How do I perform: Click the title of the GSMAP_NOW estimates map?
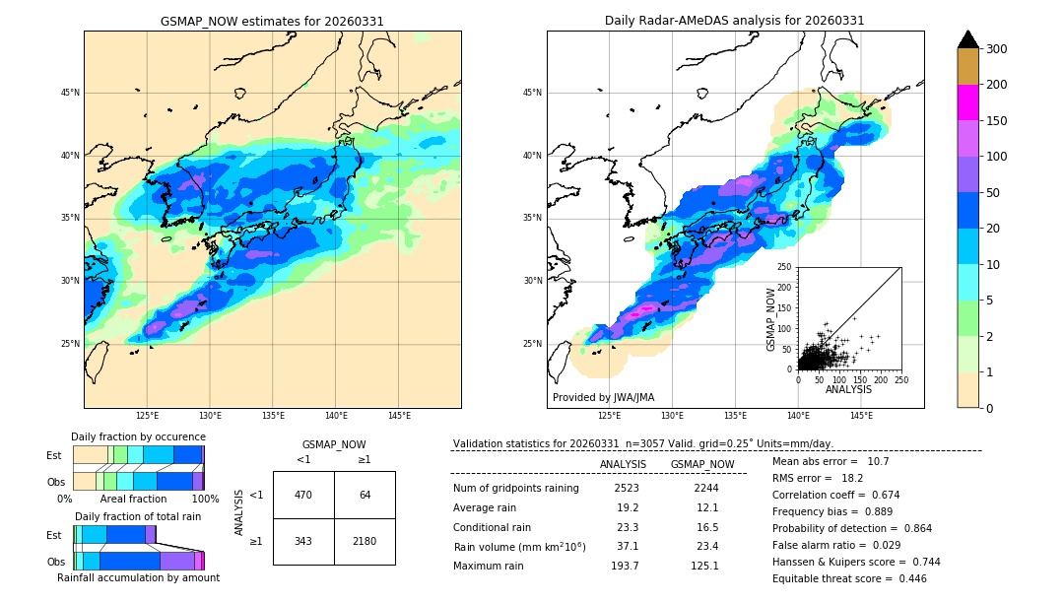(x=272, y=21)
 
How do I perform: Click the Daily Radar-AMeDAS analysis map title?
(x=735, y=21)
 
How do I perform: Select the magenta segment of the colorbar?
(x=968, y=102)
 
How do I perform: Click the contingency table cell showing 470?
(x=303, y=495)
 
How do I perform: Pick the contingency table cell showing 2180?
(x=365, y=541)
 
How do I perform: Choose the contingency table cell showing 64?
(x=365, y=495)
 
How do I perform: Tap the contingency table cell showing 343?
(x=303, y=541)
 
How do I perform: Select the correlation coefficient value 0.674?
(x=879, y=495)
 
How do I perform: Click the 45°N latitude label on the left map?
(x=70, y=93)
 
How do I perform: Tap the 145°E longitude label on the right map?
(x=861, y=416)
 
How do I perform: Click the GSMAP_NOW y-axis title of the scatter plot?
(x=772, y=318)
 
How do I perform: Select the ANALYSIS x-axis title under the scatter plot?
(x=848, y=390)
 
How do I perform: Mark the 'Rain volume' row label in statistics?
(x=519, y=547)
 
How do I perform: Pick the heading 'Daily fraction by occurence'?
(x=138, y=436)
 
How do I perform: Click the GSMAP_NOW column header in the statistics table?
(x=701, y=464)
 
